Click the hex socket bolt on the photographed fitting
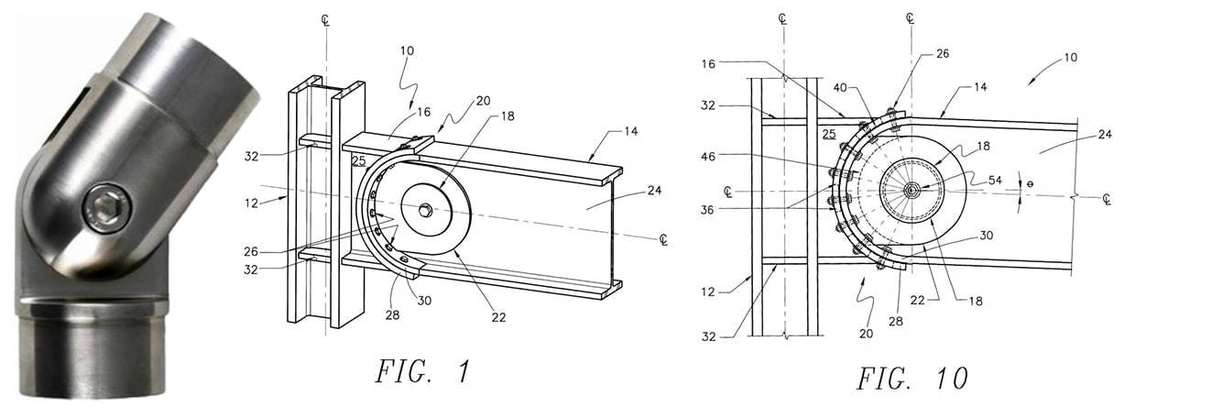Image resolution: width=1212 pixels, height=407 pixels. pos(107,208)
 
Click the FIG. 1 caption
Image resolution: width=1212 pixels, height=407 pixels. pos(422,372)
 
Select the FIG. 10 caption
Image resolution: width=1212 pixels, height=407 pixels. pos(912,379)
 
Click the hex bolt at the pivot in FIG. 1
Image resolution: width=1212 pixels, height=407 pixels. pos(426,208)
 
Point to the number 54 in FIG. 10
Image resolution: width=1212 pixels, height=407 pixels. pos(995,181)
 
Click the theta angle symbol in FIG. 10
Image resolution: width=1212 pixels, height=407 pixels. pos(1031,184)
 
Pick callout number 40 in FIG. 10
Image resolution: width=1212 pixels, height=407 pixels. pos(840,88)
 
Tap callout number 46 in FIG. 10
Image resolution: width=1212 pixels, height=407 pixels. pos(708,157)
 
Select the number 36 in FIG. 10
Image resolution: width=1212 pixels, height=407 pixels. pos(708,210)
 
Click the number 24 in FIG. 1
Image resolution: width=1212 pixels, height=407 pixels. pos(655,190)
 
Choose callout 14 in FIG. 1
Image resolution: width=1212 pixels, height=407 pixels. pos(631,131)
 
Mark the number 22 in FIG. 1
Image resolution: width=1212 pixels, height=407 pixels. pos(498,318)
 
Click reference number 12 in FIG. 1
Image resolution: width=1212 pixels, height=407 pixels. pos(251,203)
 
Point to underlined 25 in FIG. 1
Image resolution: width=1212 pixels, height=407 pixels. pos(359,160)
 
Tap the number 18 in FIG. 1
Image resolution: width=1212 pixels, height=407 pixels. pos(508,115)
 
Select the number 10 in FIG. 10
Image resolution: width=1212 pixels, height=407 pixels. pos(1070,58)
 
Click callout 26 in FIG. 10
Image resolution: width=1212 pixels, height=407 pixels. pos(943,53)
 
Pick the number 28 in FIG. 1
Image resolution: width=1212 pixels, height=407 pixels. pos(392,315)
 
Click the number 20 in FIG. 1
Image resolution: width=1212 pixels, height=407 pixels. pos(483,101)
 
